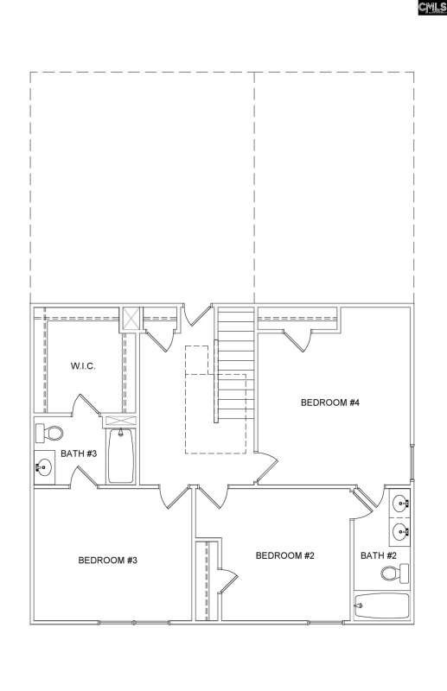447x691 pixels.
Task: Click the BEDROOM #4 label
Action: [330, 403]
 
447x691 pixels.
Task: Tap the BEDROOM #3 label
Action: [108, 560]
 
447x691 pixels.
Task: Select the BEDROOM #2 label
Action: [285, 555]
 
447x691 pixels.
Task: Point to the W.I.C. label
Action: [83, 365]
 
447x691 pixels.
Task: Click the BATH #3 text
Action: [79, 453]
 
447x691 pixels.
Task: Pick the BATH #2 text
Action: [379, 555]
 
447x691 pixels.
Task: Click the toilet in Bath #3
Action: [49, 434]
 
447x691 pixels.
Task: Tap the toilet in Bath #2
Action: [395, 574]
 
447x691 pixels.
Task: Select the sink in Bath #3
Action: [44, 466]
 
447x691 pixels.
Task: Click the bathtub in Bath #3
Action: [120, 456]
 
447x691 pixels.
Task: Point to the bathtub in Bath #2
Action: [382, 606]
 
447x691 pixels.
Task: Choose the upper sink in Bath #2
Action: [400, 502]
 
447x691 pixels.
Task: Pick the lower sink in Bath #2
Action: [400, 531]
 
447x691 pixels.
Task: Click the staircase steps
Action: [236, 364]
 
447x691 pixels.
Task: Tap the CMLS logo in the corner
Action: [432, 8]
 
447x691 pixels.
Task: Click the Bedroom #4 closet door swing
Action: [297, 340]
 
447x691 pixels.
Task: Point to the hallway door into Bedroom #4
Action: [266, 467]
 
